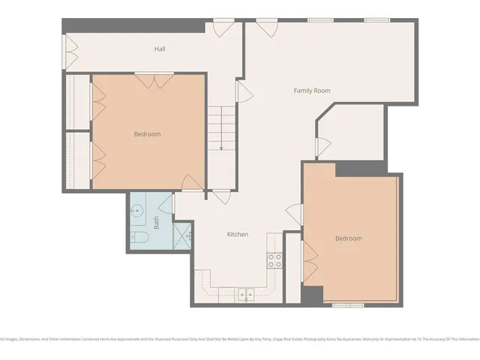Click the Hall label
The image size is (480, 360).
(x=160, y=49)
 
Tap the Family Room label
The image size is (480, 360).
(x=312, y=91)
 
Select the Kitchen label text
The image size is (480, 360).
(x=238, y=235)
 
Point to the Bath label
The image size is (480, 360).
(x=157, y=222)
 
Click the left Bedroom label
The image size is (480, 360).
(x=147, y=134)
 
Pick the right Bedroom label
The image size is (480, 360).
(x=348, y=238)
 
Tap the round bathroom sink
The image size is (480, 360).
(x=137, y=211)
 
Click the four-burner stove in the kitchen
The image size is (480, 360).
(x=275, y=260)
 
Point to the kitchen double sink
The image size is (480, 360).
(x=245, y=294)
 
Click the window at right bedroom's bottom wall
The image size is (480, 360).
(x=349, y=304)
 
